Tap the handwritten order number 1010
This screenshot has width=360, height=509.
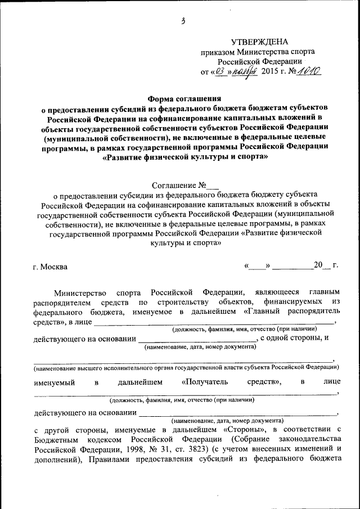[308, 72]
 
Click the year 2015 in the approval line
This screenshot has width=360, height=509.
[270, 72]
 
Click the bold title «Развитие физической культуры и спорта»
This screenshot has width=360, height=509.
[184, 157]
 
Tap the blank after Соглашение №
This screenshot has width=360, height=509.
[212, 184]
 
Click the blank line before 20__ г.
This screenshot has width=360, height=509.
[294, 265]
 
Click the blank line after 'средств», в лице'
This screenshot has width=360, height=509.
[214, 323]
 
